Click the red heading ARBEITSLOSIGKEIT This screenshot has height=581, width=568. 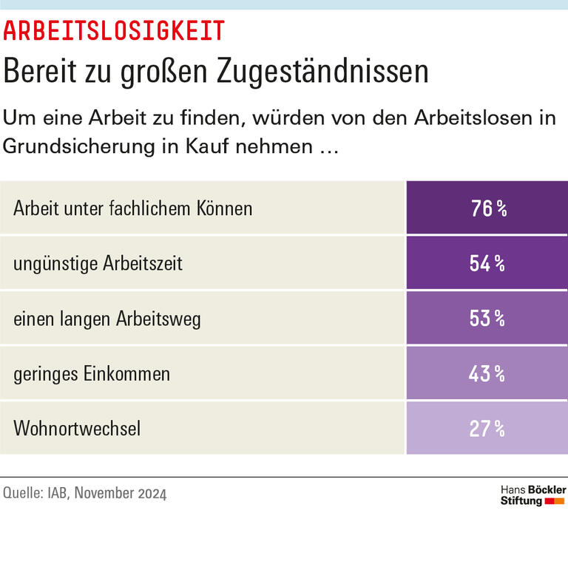[x=114, y=31]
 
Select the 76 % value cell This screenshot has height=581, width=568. [x=487, y=208]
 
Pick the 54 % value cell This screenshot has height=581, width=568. [x=487, y=263]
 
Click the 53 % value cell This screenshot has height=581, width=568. [x=487, y=319]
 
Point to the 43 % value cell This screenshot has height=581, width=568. [x=487, y=373]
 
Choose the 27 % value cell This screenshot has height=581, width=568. [x=487, y=428]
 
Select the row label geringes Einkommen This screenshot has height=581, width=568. [x=92, y=374]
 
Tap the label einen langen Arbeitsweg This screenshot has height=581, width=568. [x=107, y=319]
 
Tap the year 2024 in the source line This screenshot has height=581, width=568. [x=152, y=494]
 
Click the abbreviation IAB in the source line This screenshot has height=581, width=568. [x=55, y=494]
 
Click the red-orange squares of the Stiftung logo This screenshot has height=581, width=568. [x=554, y=501]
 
